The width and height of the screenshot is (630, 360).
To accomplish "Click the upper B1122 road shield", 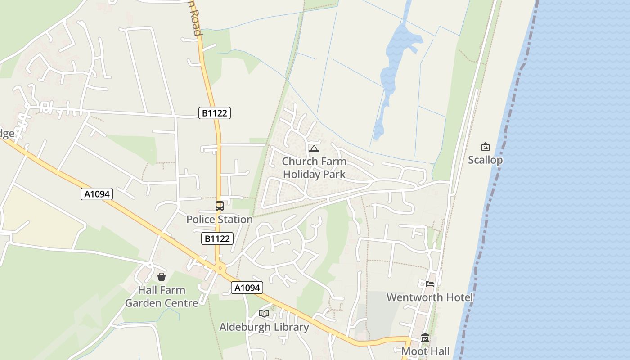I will (215, 113).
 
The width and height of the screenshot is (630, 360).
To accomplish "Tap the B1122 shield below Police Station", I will (217, 238).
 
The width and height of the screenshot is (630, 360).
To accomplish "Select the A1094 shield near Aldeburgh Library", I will (247, 288).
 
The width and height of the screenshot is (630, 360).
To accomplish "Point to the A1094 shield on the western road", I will (96, 194).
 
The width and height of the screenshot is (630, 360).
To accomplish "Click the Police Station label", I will (220, 220).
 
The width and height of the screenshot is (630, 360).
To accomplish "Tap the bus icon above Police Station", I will (220, 206).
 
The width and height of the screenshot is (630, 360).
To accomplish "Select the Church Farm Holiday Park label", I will (314, 168).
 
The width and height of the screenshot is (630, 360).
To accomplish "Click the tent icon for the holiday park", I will (314, 148).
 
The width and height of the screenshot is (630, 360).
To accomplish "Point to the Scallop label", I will (485, 160).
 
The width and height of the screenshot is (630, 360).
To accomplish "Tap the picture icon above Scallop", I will (485, 147).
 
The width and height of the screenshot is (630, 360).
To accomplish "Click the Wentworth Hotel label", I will (430, 297).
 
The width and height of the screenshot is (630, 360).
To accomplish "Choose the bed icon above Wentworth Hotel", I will (430, 284).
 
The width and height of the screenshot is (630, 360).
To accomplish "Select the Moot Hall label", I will (425, 351).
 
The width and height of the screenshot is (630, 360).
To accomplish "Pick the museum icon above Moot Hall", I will (425, 338).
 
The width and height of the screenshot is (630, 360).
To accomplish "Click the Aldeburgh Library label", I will (264, 327).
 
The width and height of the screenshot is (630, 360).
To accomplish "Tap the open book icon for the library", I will (264, 313).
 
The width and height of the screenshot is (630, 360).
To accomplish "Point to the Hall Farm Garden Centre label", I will (162, 297).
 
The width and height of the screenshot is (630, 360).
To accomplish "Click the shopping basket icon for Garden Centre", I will (162, 277).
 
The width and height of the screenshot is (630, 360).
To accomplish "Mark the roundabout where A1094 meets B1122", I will (220, 269).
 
